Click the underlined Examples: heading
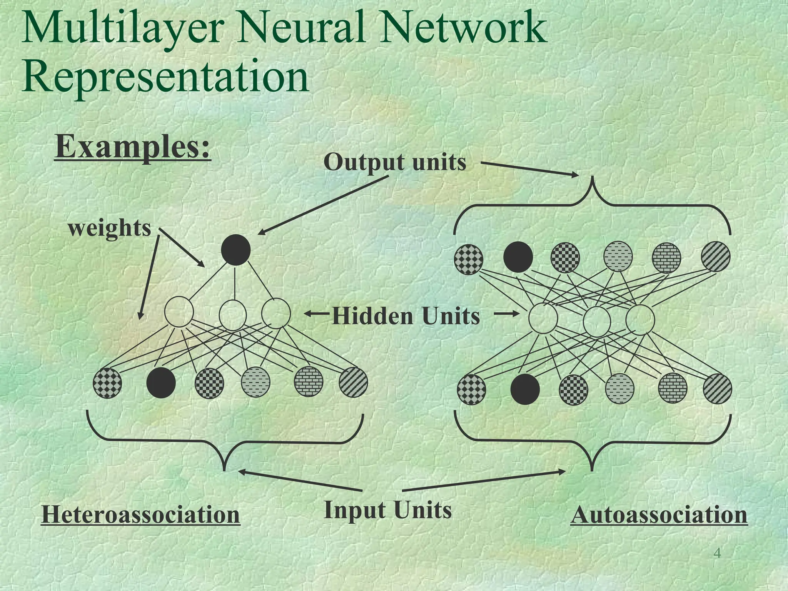[133, 147]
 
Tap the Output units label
[395, 162]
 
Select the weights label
[109, 228]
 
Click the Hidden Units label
[406, 316]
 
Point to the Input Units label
[388, 510]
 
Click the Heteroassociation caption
[140, 514]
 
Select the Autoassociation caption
[659, 514]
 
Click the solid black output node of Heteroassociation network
[236, 250]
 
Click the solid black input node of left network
[161, 383]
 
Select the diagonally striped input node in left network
[353, 382]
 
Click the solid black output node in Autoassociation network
[518, 257]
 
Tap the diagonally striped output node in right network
[716, 256]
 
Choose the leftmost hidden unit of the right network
[543, 318]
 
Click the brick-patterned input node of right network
[673, 388]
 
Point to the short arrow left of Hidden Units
[316, 314]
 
